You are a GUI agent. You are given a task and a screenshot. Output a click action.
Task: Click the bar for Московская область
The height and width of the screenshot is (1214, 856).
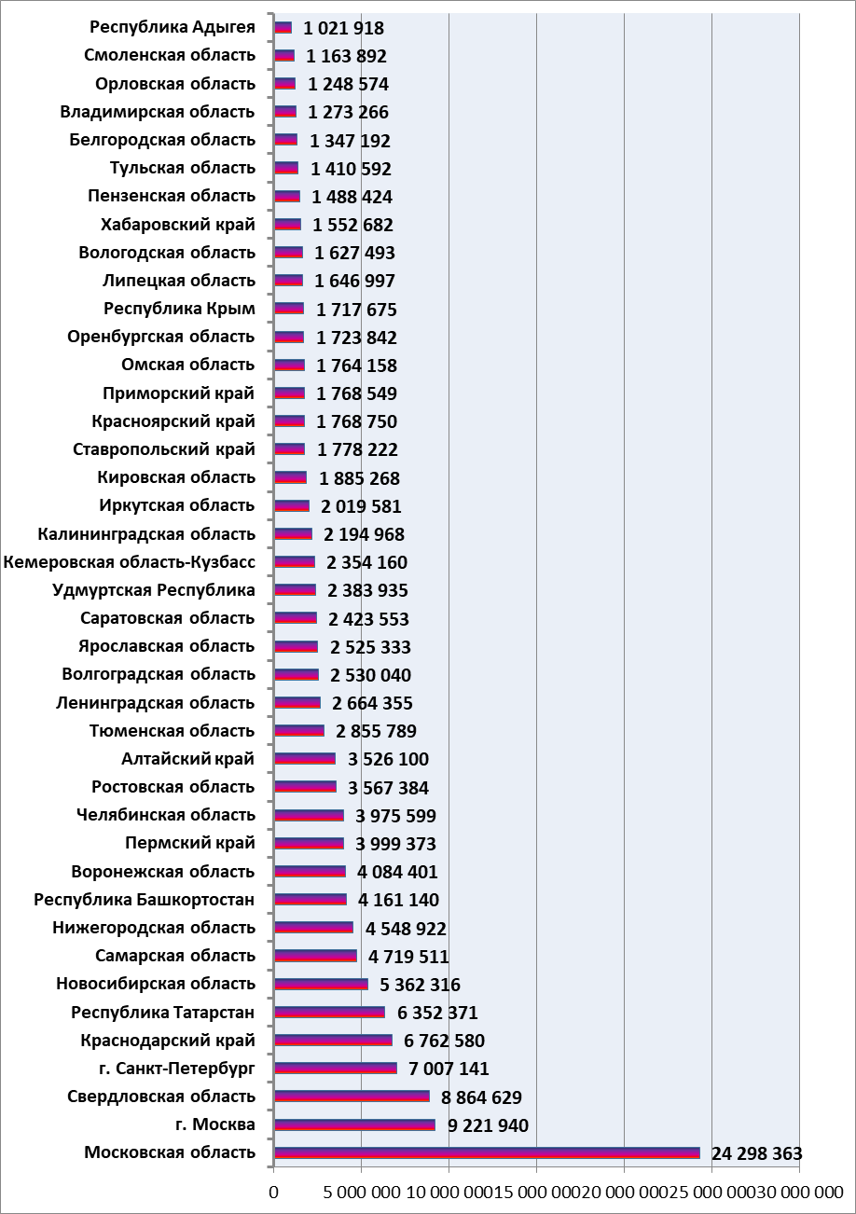(x=487, y=1152)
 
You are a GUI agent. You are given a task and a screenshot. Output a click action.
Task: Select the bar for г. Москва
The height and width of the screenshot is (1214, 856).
(x=354, y=1124)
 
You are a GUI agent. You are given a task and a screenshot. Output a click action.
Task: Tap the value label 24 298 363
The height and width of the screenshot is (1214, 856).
(x=756, y=1153)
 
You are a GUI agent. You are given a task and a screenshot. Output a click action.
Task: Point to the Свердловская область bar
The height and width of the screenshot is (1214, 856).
(x=352, y=1097)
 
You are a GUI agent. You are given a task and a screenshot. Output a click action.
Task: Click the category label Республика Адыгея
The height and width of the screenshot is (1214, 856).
(x=173, y=28)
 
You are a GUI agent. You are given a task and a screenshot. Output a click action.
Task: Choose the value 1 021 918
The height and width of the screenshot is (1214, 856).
(x=343, y=28)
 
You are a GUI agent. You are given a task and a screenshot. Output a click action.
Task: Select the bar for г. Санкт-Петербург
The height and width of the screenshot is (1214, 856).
(x=336, y=1069)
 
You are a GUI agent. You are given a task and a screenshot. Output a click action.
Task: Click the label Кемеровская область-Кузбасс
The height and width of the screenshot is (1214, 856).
(x=129, y=562)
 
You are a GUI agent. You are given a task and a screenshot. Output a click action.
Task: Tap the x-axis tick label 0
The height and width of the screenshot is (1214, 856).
(x=274, y=1193)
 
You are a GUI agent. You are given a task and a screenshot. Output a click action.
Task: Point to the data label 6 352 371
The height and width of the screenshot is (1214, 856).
(x=437, y=1013)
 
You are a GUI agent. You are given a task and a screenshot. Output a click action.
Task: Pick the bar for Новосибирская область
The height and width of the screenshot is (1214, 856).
(x=321, y=985)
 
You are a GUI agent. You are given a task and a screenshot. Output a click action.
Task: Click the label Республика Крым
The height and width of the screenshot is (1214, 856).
(x=179, y=309)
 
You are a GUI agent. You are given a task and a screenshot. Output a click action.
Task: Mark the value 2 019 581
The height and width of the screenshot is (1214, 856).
(x=361, y=506)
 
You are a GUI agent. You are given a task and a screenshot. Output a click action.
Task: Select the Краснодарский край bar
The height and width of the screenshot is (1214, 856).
(x=334, y=1040)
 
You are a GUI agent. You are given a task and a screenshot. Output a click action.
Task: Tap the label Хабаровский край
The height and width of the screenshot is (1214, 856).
(x=178, y=225)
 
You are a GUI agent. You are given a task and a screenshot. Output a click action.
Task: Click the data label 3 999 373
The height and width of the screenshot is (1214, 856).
(x=395, y=844)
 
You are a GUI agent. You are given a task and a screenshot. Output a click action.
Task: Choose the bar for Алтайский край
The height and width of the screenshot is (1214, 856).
(x=305, y=759)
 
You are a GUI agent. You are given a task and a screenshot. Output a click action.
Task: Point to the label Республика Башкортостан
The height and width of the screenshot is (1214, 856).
(x=145, y=900)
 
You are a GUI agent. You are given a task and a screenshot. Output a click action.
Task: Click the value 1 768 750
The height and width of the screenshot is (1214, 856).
(x=357, y=421)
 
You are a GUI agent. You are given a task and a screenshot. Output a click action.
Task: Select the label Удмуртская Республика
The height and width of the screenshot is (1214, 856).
(x=154, y=590)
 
